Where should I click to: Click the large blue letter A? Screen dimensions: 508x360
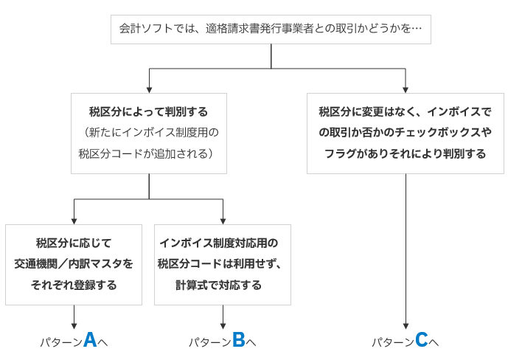pyautogui.click(x=90, y=339)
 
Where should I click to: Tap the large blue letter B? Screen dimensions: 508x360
pyautogui.click(x=238, y=339)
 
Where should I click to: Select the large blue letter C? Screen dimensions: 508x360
pyautogui.click(x=421, y=339)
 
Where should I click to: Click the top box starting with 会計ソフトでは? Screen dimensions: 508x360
pyautogui.click(x=271, y=30)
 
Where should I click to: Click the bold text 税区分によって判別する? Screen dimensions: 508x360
pyautogui.click(x=148, y=112)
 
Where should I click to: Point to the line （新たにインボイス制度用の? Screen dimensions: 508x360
pyautogui.click(x=149, y=132)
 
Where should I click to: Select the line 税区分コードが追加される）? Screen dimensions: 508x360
pyautogui.click(x=147, y=153)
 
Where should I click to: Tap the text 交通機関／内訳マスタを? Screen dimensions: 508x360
pyautogui.click(x=74, y=264)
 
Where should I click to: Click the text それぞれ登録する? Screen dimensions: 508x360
pyautogui.click(x=74, y=285)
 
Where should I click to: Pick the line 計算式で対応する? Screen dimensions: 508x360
pyautogui.click(x=218, y=285)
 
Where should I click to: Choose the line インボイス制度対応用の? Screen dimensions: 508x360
pyautogui.click(x=219, y=243)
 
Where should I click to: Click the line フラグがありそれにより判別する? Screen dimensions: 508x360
pyautogui.click(x=406, y=153)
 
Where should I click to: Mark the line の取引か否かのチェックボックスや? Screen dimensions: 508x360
pyautogui.click(x=406, y=132)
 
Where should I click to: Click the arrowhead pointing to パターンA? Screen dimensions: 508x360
pyautogui.click(x=74, y=326)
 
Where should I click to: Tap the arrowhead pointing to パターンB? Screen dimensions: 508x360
pyautogui.click(x=223, y=326)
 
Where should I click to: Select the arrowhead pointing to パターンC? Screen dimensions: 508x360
pyautogui.click(x=406, y=326)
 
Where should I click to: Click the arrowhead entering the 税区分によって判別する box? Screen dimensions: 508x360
pyautogui.click(x=149, y=90)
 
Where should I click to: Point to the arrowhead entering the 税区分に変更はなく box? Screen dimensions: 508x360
pyautogui.click(x=406, y=90)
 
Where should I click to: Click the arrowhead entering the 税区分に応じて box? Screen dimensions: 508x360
pyautogui.click(x=74, y=221)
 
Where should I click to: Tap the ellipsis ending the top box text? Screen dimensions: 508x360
pyautogui.click(x=417, y=29)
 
